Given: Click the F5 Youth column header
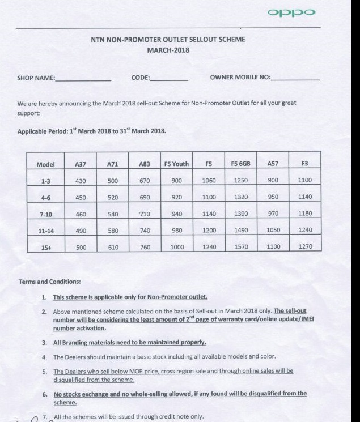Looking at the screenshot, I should [x=176, y=164].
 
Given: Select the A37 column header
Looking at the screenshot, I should [x=80, y=164].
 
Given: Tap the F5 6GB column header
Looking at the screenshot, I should [x=241, y=164].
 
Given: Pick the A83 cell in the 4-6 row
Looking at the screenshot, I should [x=144, y=197].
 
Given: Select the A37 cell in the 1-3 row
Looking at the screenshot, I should [x=80, y=181].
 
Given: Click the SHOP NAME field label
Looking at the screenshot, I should [x=36, y=78].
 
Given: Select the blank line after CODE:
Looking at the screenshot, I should [x=169, y=79].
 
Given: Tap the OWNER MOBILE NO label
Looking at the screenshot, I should [x=240, y=78].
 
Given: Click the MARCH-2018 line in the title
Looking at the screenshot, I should [x=168, y=50].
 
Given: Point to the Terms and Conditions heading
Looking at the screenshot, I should [x=49, y=282].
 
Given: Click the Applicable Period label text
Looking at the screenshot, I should [x=43, y=131].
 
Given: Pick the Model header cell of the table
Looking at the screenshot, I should [x=45, y=164].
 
